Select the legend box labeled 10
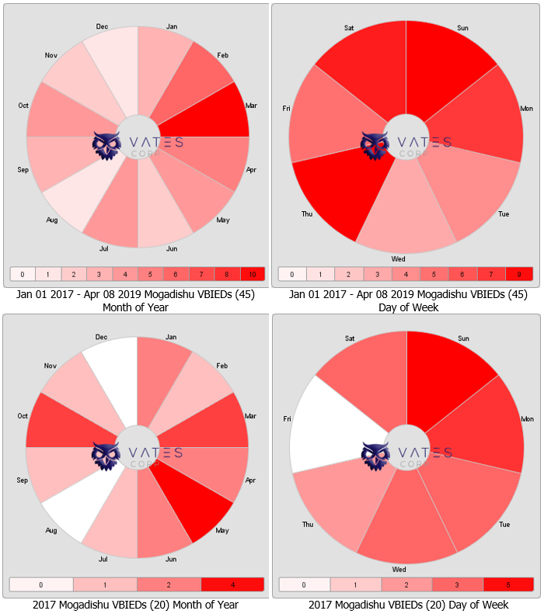(x=253, y=274)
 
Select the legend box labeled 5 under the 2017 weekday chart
(x=508, y=585)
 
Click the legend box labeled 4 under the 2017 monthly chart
(x=232, y=585)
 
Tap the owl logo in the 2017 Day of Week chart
(x=375, y=456)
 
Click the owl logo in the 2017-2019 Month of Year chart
(x=106, y=146)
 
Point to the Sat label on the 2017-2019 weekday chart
(x=350, y=28)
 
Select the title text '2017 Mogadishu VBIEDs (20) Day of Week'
(x=408, y=605)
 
